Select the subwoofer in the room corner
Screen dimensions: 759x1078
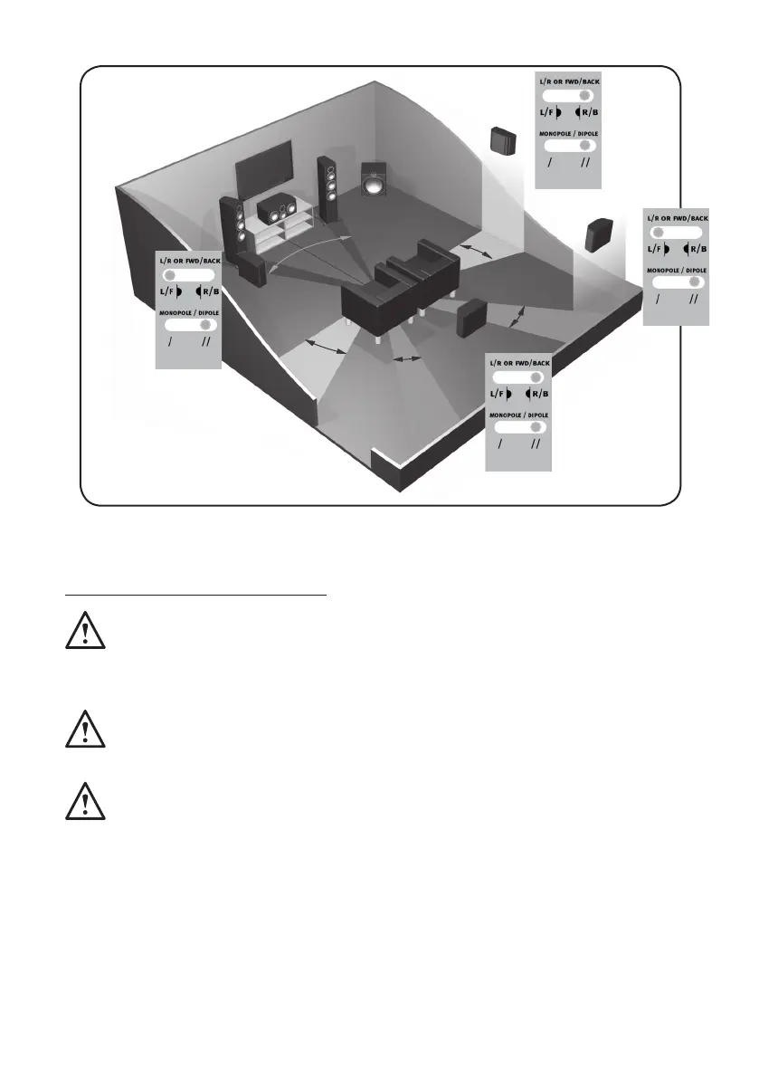tap(372, 183)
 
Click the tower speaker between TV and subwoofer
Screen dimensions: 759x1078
tap(327, 188)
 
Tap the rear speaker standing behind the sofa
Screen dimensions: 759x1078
tap(473, 319)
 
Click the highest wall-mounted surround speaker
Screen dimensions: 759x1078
tap(504, 140)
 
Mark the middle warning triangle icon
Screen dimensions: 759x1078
tap(85, 729)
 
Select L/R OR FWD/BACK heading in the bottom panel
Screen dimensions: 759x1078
tap(519, 362)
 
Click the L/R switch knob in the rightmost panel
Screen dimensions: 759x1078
tap(659, 232)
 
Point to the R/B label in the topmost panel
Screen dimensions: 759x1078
tap(589, 112)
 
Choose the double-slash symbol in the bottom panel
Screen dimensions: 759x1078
tap(536, 445)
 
